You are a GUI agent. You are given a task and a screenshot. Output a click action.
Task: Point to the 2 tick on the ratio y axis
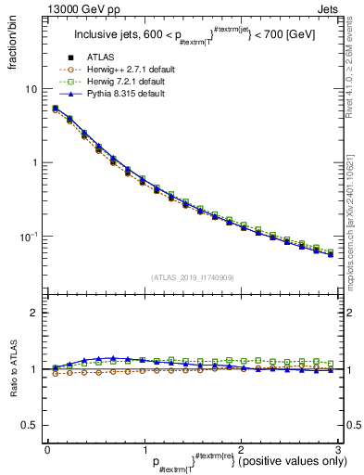[34, 313]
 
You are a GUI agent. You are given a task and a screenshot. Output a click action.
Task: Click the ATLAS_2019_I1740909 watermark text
[193, 277]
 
